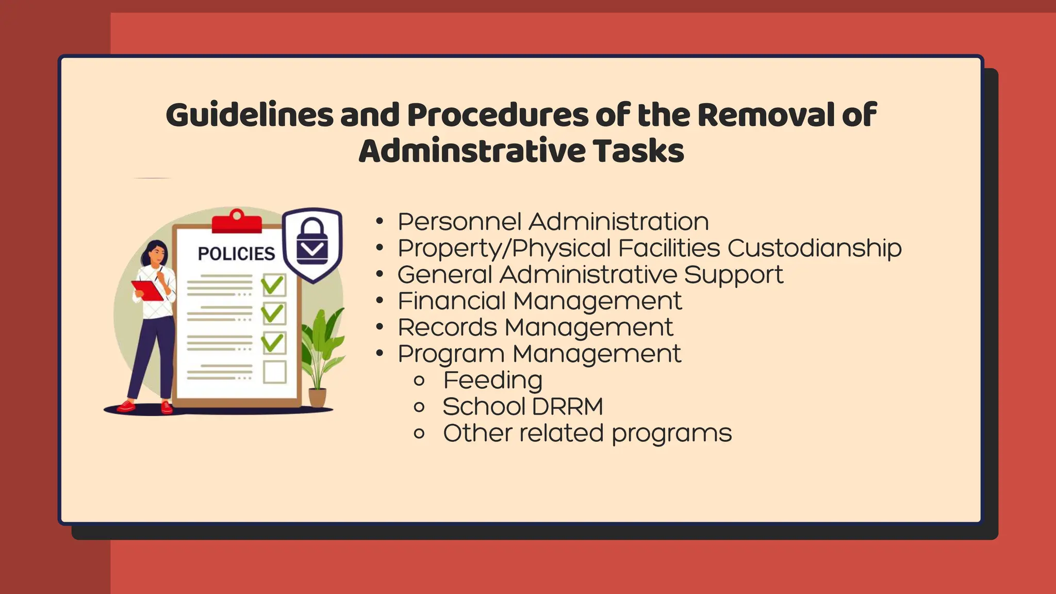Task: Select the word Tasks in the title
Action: pyautogui.click(x=638, y=151)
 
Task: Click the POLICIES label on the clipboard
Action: pyautogui.click(x=237, y=254)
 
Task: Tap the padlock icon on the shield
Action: pyautogui.click(x=312, y=242)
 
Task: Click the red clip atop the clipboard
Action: pyautogui.click(x=237, y=222)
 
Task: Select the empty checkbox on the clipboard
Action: pyautogui.click(x=274, y=371)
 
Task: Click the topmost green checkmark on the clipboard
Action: pyautogui.click(x=273, y=284)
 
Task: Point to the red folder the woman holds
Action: pyautogui.click(x=147, y=290)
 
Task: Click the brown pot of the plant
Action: pyautogui.click(x=317, y=398)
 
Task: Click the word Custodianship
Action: pyautogui.click(x=814, y=248)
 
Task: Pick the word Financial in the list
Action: pyautogui.click(x=452, y=301)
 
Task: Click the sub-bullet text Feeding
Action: pyautogui.click(x=492, y=381)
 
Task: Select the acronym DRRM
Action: pyautogui.click(x=567, y=407)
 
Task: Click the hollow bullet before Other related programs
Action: pyautogui.click(x=419, y=434)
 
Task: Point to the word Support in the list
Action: pyautogui.click(x=733, y=275)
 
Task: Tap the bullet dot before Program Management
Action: pyautogui.click(x=380, y=354)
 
